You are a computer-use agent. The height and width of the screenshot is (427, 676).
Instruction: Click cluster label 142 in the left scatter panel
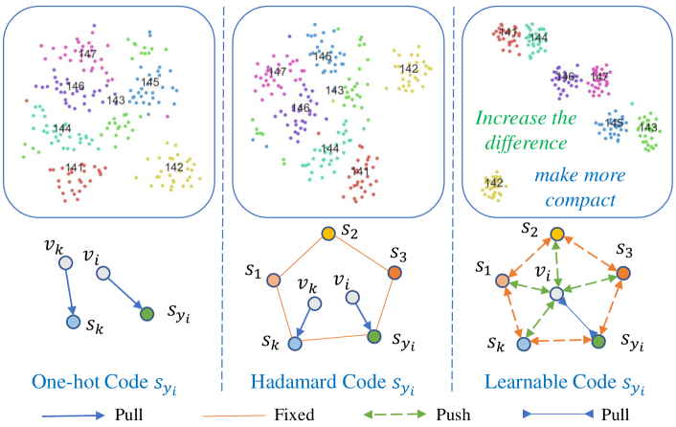pyautogui.click(x=174, y=168)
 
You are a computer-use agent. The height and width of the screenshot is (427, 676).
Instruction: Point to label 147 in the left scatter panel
pyautogui.click(x=89, y=55)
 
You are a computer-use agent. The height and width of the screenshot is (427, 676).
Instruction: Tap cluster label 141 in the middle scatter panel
pyautogui.click(x=358, y=172)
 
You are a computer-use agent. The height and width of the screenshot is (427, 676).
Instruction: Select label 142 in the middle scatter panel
pyautogui.click(x=409, y=69)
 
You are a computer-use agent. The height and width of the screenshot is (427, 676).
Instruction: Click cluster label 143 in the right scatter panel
pyautogui.click(x=648, y=127)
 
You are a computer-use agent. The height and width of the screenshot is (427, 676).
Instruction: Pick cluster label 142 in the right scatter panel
pyautogui.click(x=494, y=183)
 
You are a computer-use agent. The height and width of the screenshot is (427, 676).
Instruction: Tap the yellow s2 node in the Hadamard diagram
pyautogui.click(x=327, y=233)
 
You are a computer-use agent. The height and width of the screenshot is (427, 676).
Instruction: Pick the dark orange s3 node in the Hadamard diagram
pyautogui.click(x=394, y=271)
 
